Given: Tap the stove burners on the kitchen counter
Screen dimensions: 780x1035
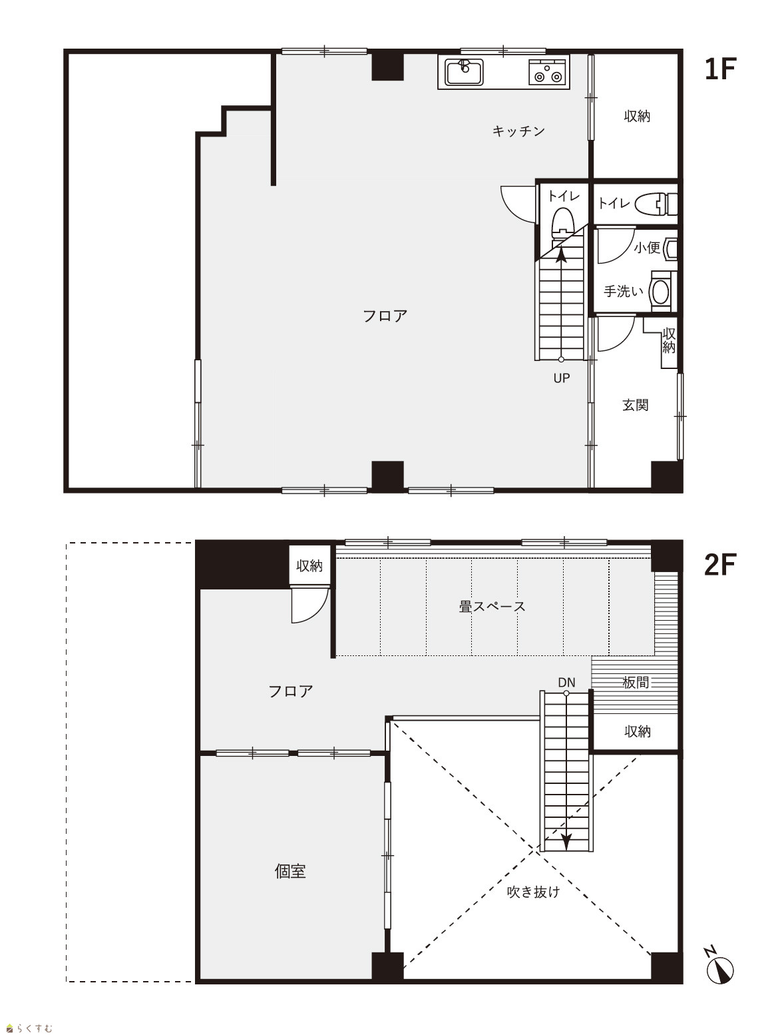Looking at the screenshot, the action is (546, 72).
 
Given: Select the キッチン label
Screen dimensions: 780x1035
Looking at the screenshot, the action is (518, 131).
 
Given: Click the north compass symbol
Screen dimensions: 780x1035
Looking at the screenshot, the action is (720, 966).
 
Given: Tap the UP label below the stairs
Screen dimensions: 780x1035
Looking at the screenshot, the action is (562, 378).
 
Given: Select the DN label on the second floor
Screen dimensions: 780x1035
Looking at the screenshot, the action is (566, 682).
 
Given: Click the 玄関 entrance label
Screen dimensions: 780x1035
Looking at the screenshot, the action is (635, 404).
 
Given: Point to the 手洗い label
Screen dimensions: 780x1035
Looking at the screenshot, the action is (623, 292).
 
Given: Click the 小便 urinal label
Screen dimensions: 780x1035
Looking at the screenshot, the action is (647, 248).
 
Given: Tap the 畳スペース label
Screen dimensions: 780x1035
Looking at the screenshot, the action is (492, 606).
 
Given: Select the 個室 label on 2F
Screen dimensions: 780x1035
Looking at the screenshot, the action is (290, 871).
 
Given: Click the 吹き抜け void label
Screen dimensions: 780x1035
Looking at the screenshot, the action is (533, 891).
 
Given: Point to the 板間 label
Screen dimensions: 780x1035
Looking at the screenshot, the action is (636, 682).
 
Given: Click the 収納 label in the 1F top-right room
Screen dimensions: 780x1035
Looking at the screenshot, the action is (637, 116).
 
